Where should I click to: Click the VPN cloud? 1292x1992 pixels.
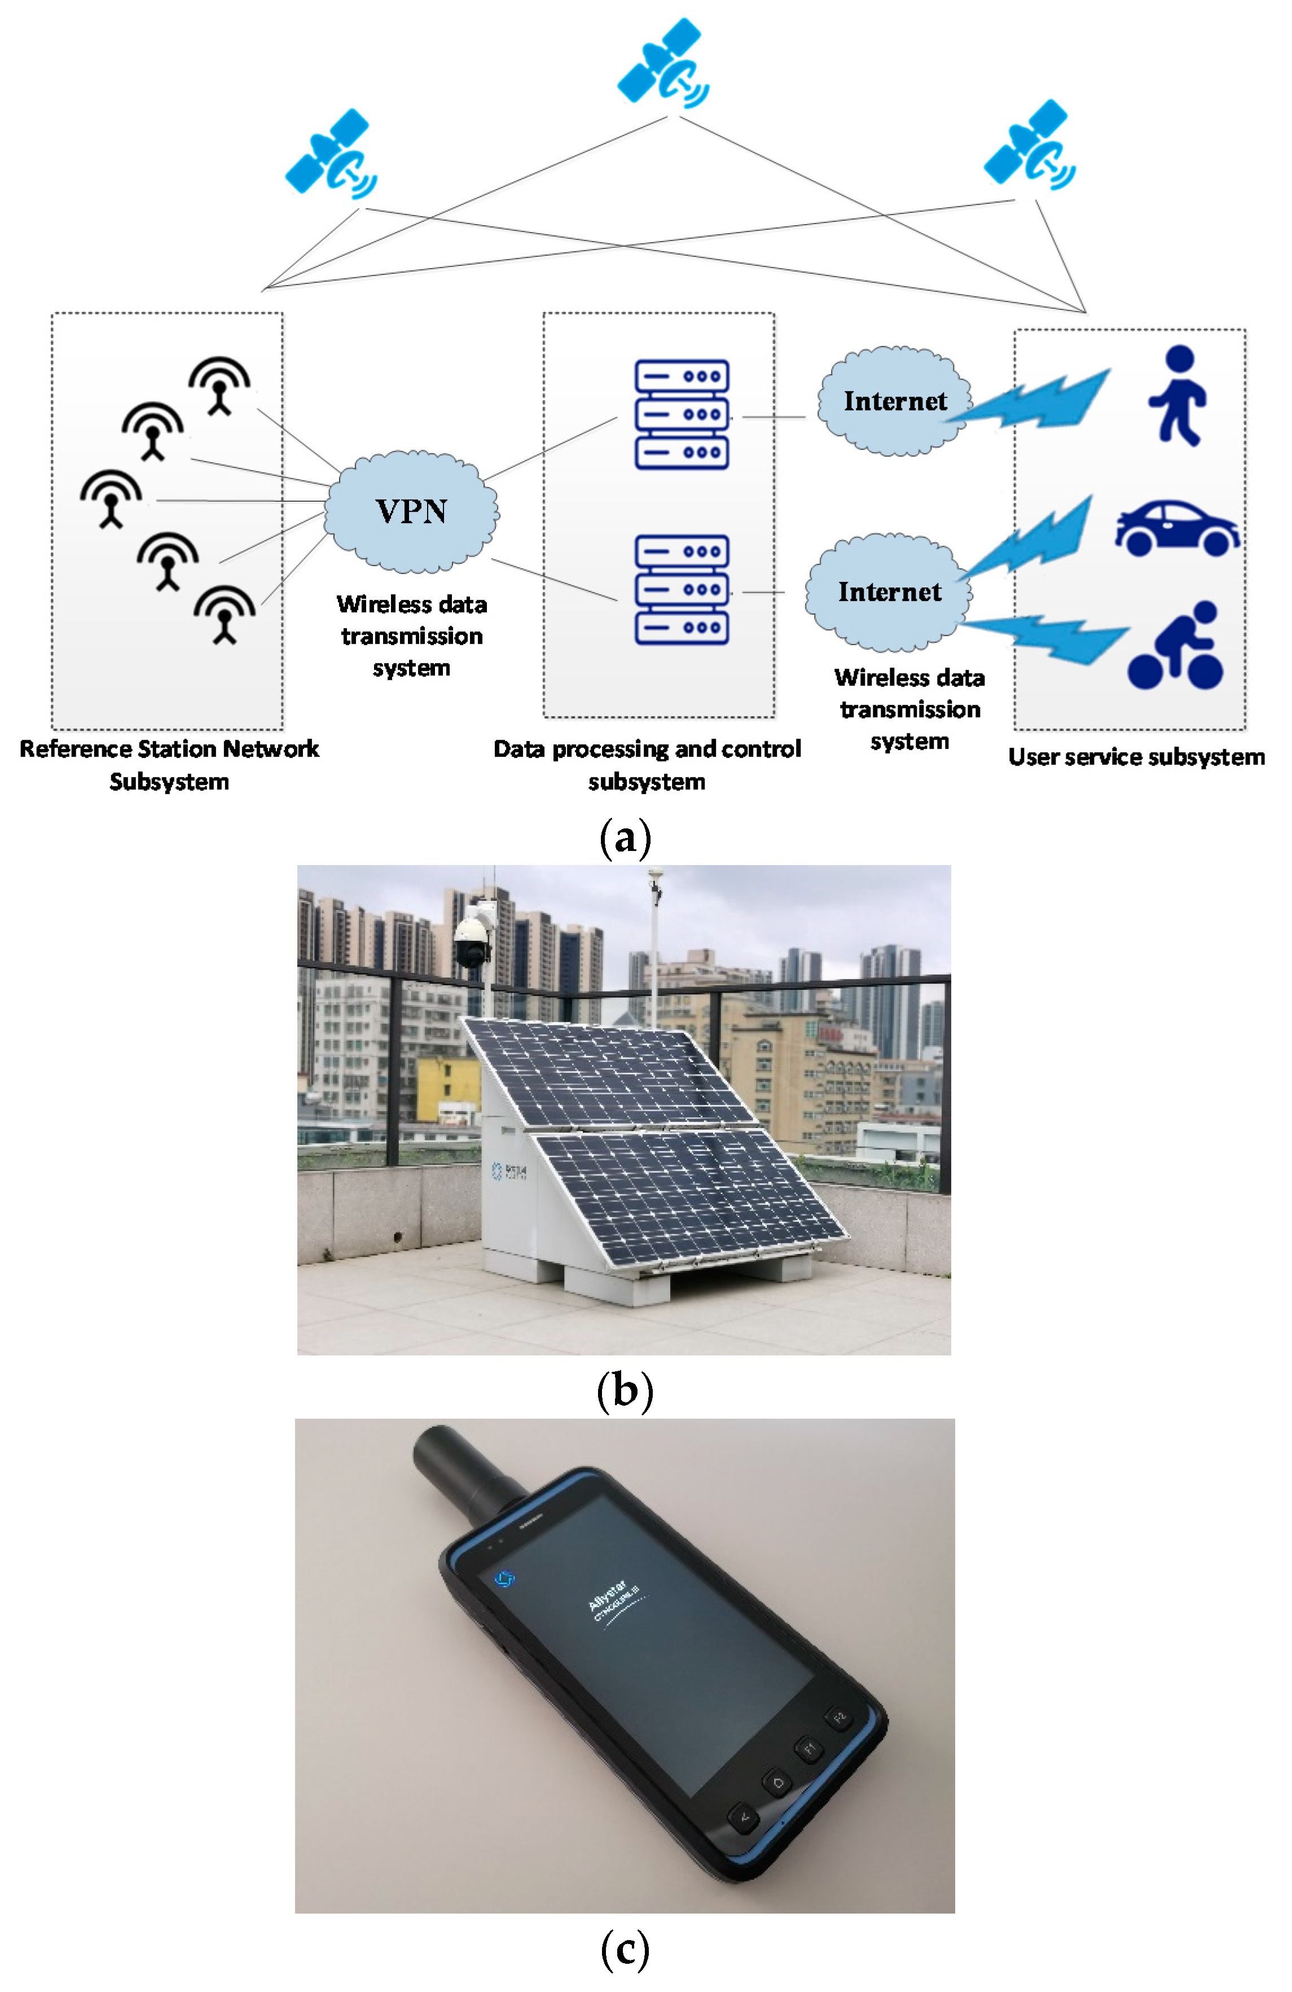coord(411,511)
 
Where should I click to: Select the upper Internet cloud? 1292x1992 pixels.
coord(894,402)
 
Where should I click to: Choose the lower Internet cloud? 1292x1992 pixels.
coord(889,592)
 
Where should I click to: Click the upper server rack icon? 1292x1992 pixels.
coord(681,414)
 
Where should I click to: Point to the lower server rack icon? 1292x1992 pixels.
coord(681,589)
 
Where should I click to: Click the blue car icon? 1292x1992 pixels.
coord(1176,528)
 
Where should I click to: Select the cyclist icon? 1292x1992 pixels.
coord(1176,646)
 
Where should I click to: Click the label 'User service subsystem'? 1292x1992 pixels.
coord(1136,757)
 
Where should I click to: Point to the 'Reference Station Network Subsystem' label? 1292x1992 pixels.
coord(169,764)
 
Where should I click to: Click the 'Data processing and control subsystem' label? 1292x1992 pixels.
coord(647,764)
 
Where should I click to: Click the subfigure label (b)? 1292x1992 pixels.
coord(624,1390)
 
